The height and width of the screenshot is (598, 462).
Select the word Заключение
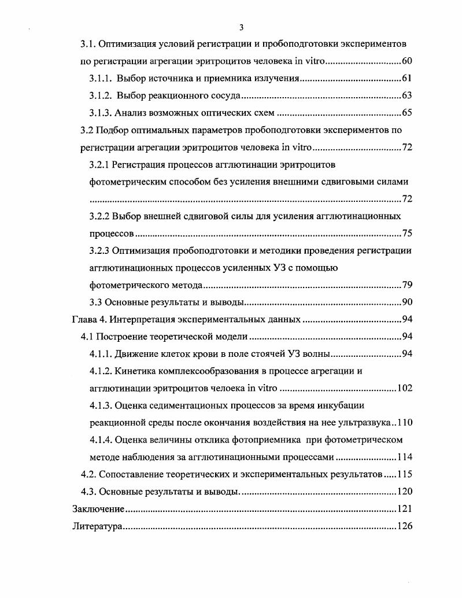tap(98, 509)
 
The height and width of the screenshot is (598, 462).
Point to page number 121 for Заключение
tap(404, 509)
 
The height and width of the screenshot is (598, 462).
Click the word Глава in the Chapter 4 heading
tap(84, 319)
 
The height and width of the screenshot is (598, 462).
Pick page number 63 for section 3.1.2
tap(406, 95)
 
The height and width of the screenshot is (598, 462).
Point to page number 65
tap(406, 113)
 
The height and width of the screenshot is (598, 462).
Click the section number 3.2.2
tap(99, 216)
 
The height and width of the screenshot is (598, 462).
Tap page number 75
tap(406, 234)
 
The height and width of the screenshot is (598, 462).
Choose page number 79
tap(406, 285)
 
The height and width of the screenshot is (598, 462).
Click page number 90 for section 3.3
tap(406, 302)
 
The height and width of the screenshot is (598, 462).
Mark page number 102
tap(404, 388)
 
